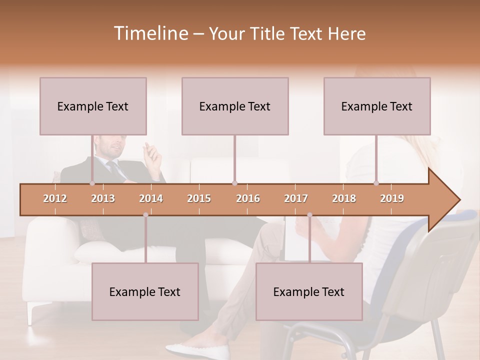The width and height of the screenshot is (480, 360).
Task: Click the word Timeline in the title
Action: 149,33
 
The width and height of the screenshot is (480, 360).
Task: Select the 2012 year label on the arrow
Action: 55,199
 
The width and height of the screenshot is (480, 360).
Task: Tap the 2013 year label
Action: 103,199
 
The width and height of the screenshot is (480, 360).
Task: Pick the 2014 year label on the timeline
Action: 151,199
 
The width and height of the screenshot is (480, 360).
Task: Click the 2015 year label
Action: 199,199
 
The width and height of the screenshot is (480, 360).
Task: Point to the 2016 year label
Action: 248,199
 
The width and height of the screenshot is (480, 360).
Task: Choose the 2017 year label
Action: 296,199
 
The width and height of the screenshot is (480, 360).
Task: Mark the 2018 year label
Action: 344,199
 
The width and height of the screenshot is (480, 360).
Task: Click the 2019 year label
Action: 392,199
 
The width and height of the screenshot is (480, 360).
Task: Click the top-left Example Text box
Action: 93,106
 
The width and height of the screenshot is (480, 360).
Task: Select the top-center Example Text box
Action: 235,106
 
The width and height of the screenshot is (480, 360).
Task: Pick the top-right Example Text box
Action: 377,106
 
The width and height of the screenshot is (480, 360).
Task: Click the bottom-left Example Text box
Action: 145,291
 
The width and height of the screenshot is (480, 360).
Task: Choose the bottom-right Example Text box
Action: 309,291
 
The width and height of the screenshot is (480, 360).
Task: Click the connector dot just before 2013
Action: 92,183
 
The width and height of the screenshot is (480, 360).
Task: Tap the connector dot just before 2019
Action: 376,183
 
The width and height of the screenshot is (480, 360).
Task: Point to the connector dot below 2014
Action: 145,215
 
